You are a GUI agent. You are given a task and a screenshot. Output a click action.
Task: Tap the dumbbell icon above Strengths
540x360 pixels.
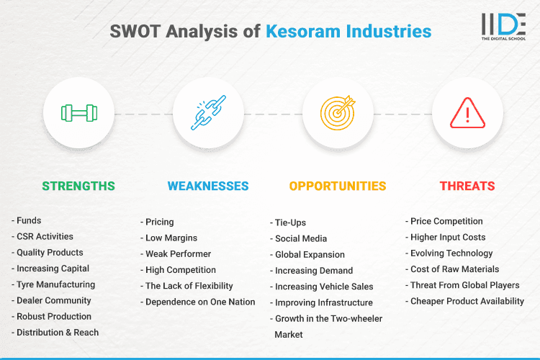78,113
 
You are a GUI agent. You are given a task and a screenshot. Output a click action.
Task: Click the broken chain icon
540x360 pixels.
208,113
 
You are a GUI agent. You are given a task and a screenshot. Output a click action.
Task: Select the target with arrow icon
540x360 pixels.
338,113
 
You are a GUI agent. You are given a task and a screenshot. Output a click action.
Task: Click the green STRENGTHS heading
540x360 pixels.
78,186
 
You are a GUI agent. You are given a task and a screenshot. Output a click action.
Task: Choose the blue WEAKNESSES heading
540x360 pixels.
208,186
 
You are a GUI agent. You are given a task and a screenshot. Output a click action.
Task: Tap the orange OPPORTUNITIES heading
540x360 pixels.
338,186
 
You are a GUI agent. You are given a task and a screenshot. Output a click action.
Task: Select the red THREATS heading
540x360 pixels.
467,186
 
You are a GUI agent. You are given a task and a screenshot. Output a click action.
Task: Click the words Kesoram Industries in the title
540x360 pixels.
348,32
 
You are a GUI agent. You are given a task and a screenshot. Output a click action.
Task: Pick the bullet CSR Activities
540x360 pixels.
45,236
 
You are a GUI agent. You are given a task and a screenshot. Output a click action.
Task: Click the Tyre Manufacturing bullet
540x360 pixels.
55,284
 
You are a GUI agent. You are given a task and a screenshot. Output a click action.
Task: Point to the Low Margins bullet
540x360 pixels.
171,238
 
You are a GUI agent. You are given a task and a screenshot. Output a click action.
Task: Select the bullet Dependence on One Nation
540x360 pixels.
199,302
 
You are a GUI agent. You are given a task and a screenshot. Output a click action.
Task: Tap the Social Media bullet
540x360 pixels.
300,238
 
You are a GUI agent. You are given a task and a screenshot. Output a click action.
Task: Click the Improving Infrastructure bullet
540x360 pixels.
323,302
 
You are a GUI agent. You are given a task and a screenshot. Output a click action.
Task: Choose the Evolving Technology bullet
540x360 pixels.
451,253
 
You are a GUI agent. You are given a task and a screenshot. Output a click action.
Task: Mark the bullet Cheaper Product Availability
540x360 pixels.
467,301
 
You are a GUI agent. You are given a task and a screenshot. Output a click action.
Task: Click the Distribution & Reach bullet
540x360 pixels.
58,332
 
